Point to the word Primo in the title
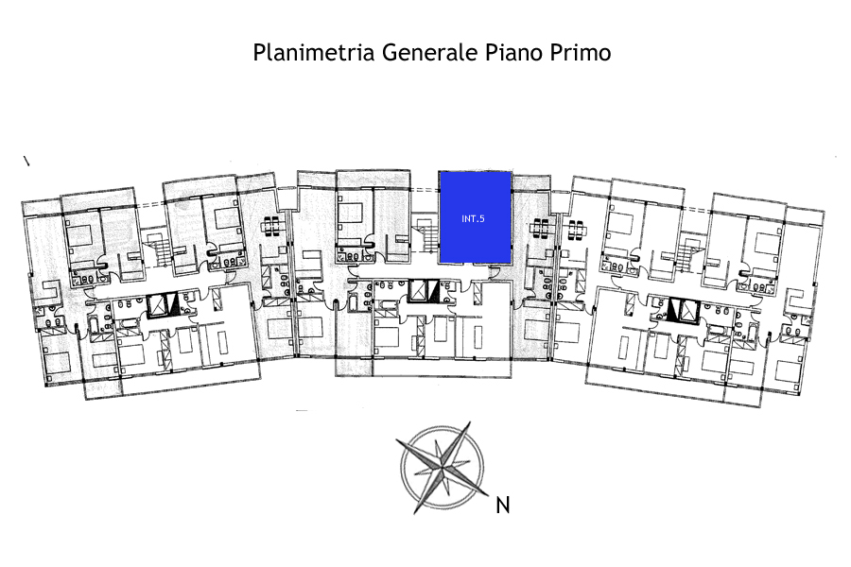tap(580, 52)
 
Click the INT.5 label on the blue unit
tap(474, 219)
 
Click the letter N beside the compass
tap(503, 506)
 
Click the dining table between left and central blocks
tap(272, 227)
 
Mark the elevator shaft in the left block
tap(164, 305)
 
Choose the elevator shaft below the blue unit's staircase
tap(425, 292)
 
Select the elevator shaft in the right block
tap(678, 307)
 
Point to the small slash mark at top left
tap(26, 162)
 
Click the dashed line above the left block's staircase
tap(150, 205)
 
